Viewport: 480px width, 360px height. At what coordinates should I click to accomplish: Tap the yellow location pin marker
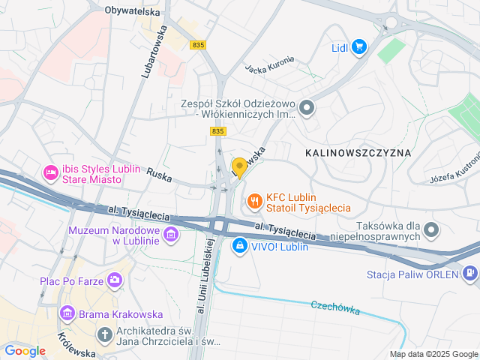pyautogui.click(x=239, y=166)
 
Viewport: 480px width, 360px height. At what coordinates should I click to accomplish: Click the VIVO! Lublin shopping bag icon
pyautogui.click(x=239, y=245)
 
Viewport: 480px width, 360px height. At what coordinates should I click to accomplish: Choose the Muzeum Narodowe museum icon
pyautogui.click(x=171, y=235)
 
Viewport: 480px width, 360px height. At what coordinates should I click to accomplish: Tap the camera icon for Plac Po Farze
pyautogui.click(x=114, y=280)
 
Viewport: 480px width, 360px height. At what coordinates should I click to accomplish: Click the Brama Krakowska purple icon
pyautogui.click(x=67, y=312)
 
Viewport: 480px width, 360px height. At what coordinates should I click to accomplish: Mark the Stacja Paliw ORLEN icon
pyautogui.click(x=470, y=273)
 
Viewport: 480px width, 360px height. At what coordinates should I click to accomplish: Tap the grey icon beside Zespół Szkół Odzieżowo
pyautogui.click(x=306, y=109)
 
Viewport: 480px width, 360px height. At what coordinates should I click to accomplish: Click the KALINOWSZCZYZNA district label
pyautogui.click(x=358, y=152)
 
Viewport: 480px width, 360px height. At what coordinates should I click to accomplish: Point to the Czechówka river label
pyautogui.click(x=334, y=307)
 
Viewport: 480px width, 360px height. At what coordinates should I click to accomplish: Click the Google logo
pyautogui.click(x=25, y=350)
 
